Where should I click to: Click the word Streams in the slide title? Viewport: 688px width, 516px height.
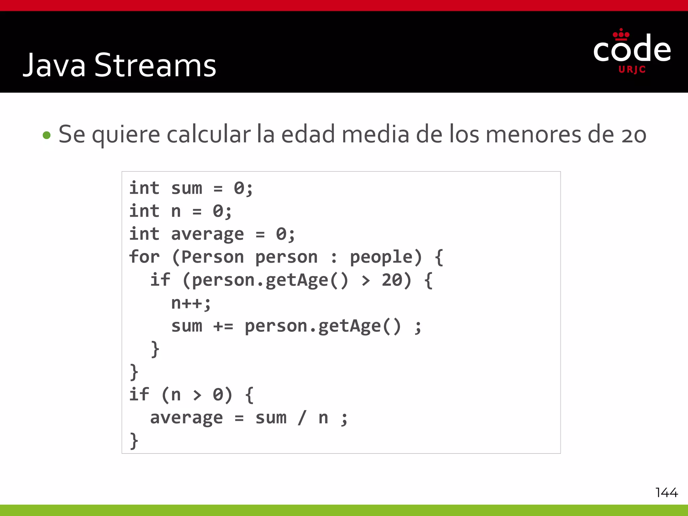click(x=155, y=66)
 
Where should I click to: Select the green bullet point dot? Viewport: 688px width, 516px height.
click(x=47, y=135)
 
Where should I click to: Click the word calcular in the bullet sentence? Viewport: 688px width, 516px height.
click(x=209, y=134)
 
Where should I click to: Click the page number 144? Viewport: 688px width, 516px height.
click(x=666, y=492)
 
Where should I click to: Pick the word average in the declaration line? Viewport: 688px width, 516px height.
click(x=207, y=234)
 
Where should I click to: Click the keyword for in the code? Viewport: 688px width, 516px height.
click(x=144, y=257)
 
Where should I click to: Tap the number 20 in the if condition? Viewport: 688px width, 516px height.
click(x=392, y=280)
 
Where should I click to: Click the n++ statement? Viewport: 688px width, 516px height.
click(x=190, y=303)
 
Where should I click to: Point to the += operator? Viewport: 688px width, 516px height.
click(x=223, y=326)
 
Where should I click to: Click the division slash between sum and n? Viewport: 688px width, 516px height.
click(x=302, y=418)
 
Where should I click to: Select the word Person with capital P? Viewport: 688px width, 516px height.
click(x=212, y=257)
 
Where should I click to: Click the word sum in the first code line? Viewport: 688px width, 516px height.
click(x=187, y=188)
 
